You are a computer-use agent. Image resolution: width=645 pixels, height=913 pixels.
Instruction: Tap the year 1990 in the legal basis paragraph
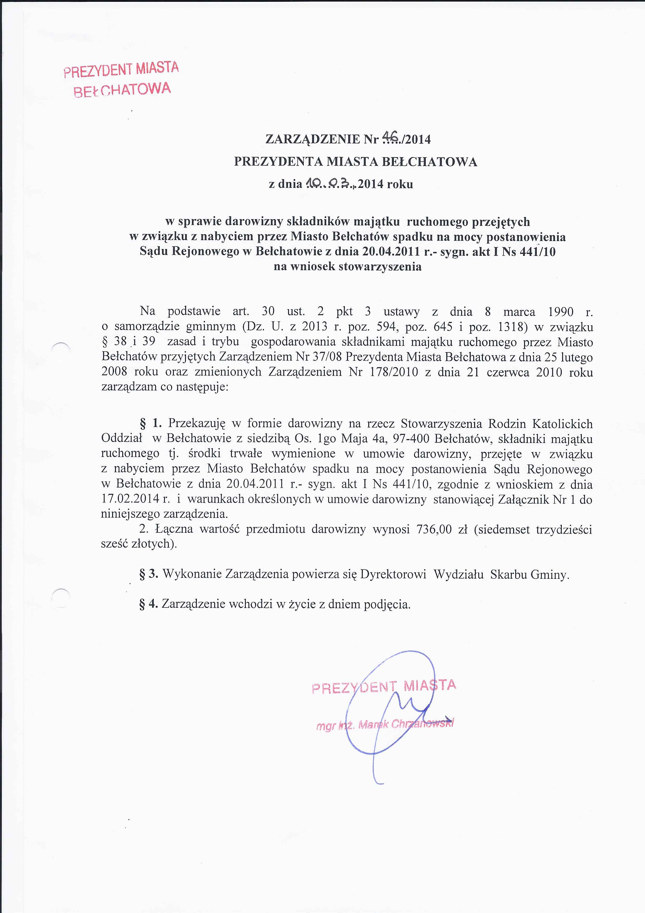[561, 312]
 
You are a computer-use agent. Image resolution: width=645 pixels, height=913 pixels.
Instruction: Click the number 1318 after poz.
[508, 327]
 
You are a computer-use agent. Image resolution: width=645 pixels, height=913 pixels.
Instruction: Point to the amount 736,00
[434, 529]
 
